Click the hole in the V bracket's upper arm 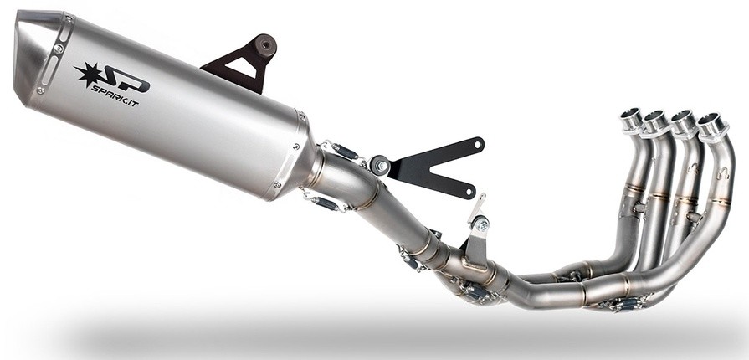[x=478, y=144]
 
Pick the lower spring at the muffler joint [x=322, y=203]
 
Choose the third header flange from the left [x=684, y=124]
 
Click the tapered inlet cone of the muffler [x=311, y=163]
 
